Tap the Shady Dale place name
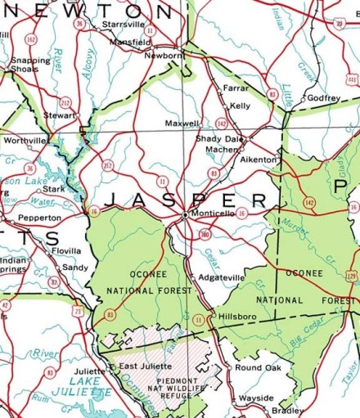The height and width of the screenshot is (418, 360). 219,139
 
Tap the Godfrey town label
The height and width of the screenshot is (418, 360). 323,97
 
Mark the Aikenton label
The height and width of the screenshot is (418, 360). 258,160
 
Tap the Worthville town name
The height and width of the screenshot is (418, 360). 25,140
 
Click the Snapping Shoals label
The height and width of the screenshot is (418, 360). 29,65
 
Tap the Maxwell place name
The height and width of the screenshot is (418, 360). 182,124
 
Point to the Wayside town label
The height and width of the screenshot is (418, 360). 256,398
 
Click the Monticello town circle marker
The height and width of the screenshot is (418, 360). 186,214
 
